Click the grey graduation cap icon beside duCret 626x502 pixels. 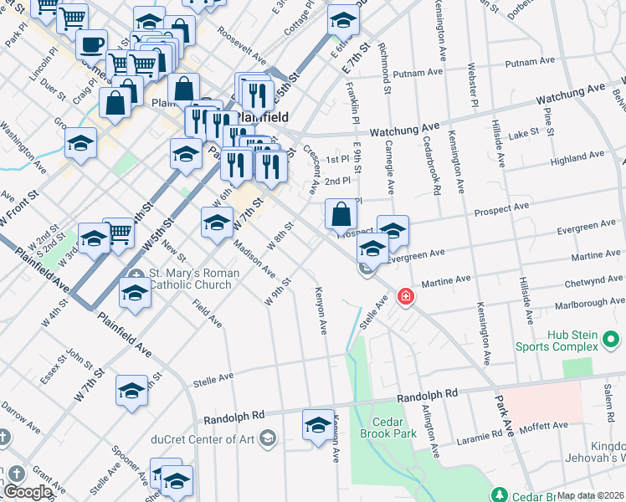267,437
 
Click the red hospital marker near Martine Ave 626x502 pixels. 406,297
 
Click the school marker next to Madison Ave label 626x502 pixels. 217,223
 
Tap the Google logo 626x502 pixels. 28,493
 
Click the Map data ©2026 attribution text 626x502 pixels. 590,495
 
